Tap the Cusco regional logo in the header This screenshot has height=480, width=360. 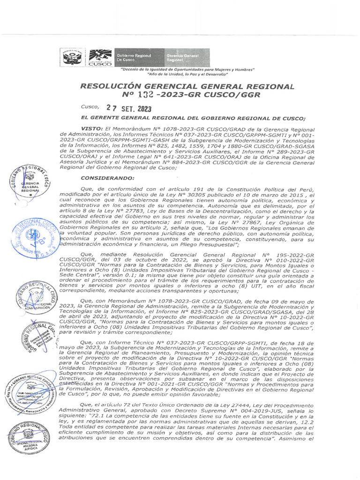(100, 58)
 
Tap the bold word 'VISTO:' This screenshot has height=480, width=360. (91, 128)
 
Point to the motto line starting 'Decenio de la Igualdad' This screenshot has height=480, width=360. (187, 69)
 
